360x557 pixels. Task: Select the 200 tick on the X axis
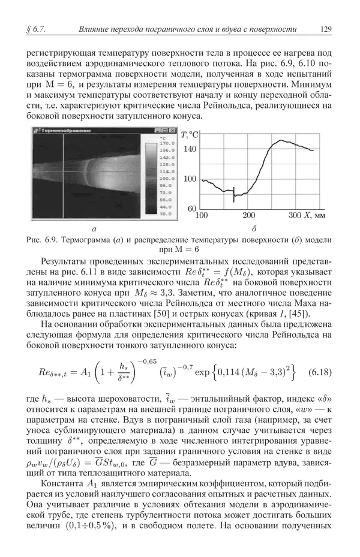pos(248,215)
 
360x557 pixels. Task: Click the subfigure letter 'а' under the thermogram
pos(94,228)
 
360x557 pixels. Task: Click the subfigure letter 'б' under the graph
pos(254,228)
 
